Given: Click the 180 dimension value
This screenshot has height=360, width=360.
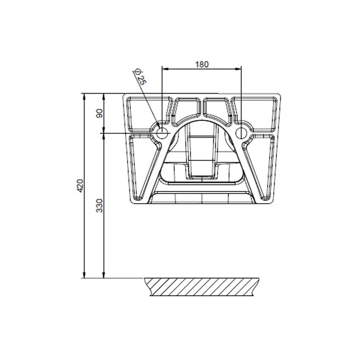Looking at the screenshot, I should coord(202,64).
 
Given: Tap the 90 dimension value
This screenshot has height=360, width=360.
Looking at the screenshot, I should coord(100,113).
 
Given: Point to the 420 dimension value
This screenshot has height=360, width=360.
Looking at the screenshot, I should coord(80,186).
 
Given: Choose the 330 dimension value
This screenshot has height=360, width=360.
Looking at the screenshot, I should coord(100,205).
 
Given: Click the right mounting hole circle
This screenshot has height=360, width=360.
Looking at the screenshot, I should coord(241,133).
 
